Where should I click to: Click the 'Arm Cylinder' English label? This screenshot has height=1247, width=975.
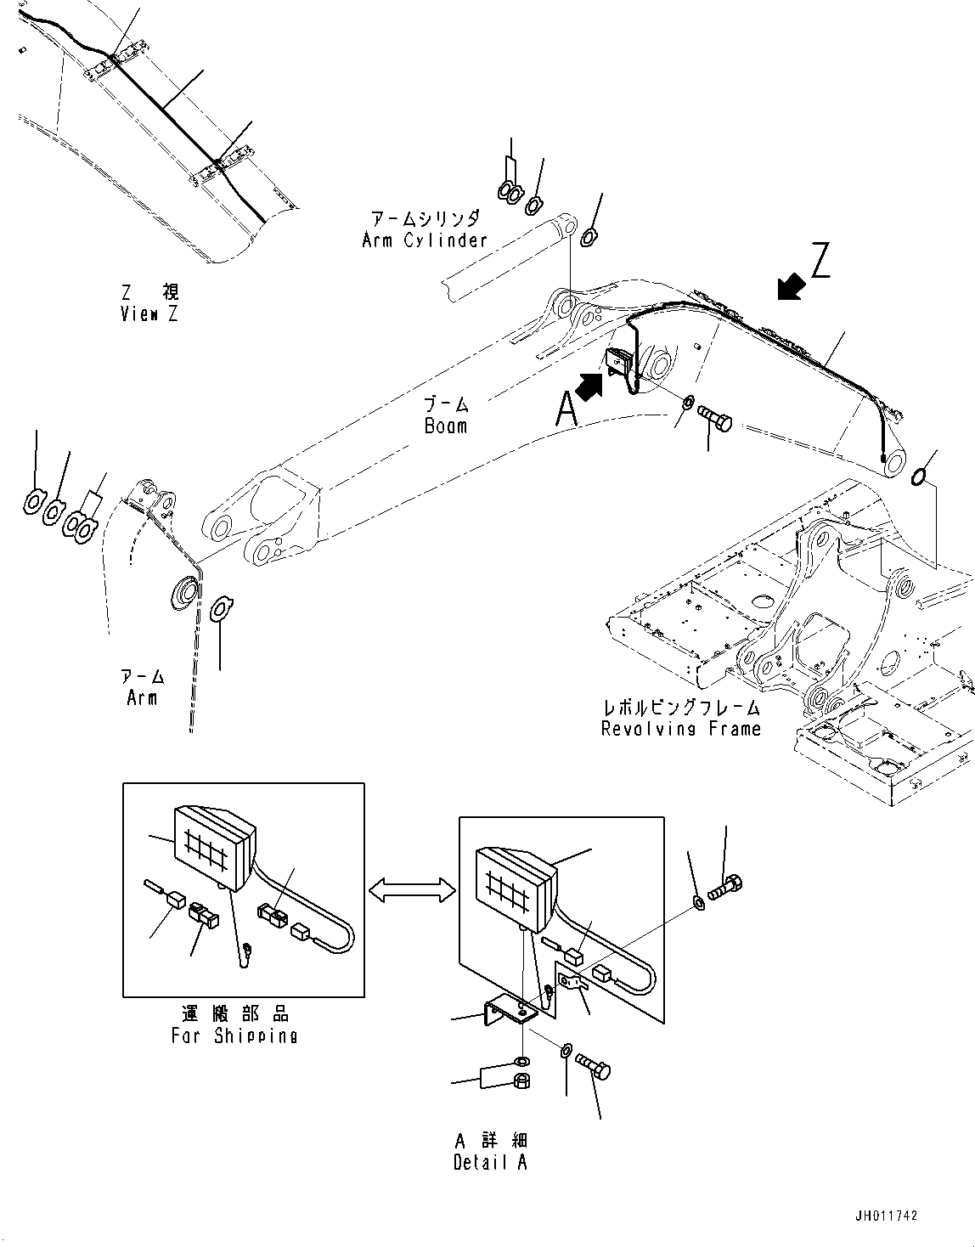(425, 240)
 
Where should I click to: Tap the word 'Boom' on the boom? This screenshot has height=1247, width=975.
(446, 426)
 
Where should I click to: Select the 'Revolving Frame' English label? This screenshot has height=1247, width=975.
(680, 729)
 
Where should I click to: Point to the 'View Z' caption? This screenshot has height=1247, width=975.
(150, 314)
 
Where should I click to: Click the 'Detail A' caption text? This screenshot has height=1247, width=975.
(490, 1163)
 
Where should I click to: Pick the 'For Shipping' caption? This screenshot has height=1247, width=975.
(234, 1035)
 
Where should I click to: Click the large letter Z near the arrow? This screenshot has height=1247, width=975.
(820, 261)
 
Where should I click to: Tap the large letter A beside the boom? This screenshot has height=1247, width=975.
(566, 410)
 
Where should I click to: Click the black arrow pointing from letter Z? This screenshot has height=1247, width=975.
(791, 287)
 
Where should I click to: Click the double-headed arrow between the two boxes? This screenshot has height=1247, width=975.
(411, 889)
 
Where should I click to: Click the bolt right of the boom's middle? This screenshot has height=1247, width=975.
(714, 418)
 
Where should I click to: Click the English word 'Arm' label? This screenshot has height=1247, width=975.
(142, 697)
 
